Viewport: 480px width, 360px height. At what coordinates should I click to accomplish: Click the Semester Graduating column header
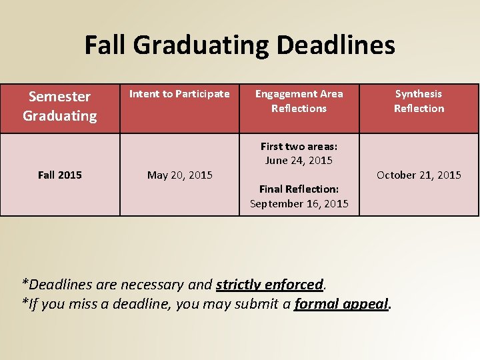(x=60, y=107)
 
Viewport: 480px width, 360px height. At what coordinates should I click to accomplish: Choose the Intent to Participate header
(x=179, y=94)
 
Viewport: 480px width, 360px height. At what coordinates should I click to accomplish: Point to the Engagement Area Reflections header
(x=299, y=101)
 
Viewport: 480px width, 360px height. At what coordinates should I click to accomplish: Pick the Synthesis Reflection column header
(x=419, y=101)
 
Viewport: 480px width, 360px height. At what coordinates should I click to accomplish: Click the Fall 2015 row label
(x=60, y=175)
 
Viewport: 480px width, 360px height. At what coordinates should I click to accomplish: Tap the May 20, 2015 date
(x=179, y=175)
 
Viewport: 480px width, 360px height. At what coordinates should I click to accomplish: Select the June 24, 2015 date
(x=299, y=161)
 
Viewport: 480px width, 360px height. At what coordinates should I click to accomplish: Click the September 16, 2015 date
(x=299, y=204)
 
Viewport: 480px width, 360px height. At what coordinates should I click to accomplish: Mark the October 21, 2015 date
(x=419, y=175)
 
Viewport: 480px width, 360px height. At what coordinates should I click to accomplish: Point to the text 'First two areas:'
(x=299, y=147)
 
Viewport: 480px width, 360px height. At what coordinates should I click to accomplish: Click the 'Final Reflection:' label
(x=299, y=190)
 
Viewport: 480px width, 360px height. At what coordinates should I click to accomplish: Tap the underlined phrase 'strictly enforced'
(x=269, y=285)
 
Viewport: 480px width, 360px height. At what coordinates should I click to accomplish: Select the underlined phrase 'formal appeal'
(x=341, y=305)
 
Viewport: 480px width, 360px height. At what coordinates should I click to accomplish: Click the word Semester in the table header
(x=59, y=97)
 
